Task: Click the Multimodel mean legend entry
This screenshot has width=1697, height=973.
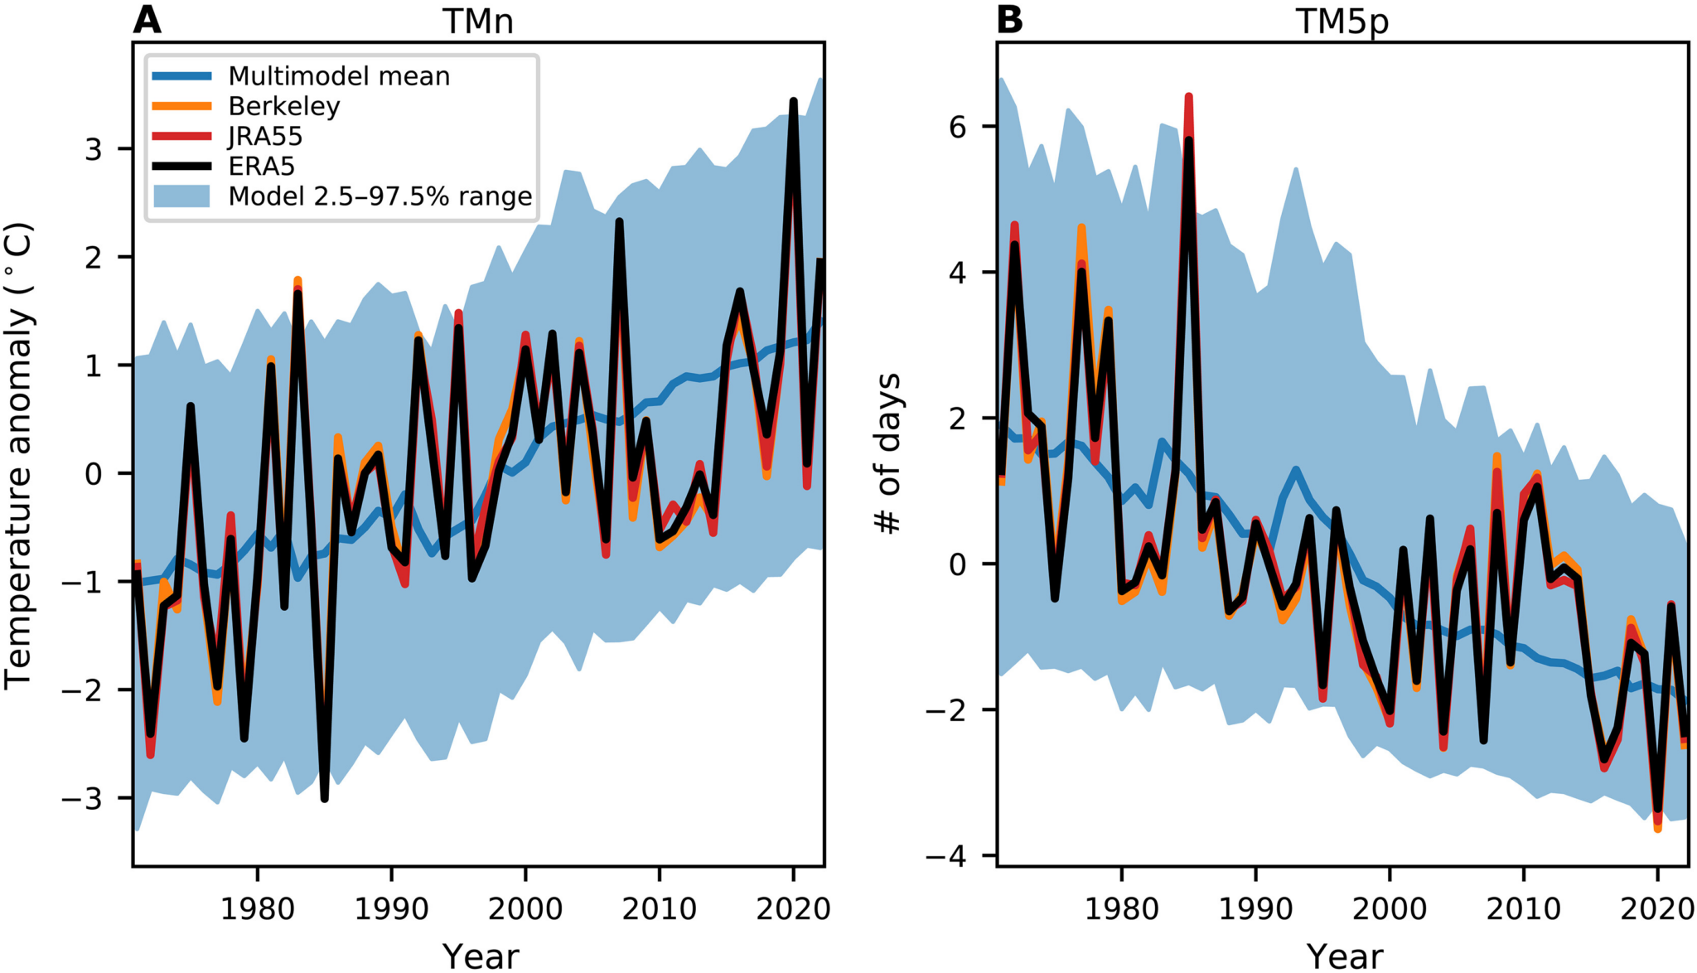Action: coord(339,76)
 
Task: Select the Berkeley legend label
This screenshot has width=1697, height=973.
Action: coord(284,106)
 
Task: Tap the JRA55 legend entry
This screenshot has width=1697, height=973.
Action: coord(265,136)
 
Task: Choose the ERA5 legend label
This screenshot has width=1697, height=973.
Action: coord(262,166)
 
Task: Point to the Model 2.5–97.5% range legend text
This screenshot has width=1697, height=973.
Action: coord(380,196)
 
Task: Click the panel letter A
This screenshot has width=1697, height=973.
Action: coord(147,19)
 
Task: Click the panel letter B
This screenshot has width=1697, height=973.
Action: coord(1009,19)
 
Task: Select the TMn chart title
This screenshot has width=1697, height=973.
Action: coord(478,21)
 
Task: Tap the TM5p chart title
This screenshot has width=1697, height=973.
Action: coord(1342,21)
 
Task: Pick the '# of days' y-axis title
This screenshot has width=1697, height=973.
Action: coord(887,454)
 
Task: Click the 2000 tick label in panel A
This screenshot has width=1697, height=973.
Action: coord(525,909)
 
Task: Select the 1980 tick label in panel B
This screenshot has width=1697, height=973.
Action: coord(1121,909)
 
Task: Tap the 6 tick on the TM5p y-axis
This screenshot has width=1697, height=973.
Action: coord(958,126)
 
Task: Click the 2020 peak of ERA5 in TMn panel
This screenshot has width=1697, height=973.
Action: coord(793,102)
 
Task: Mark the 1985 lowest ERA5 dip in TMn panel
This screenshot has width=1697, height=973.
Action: coord(324,798)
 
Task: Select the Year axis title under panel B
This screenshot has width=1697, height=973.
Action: coord(1344,956)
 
